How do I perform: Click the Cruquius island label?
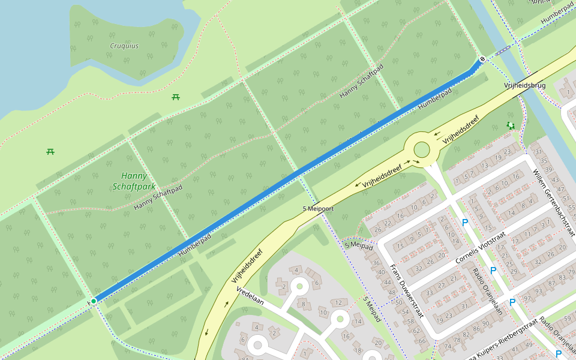pyautogui.click(x=124, y=46)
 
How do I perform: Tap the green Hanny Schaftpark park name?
pyautogui.click(x=134, y=181)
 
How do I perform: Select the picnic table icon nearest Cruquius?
pyautogui.click(x=176, y=97)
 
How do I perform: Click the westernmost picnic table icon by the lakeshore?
pyautogui.click(x=50, y=151)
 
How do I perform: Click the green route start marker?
pyautogui.click(x=94, y=301)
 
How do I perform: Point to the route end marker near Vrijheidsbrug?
pyautogui.click(x=482, y=59)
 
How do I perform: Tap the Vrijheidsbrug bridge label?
pyautogui.click(x=525, y=86)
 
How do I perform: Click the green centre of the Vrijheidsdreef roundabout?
pyautogui.click(x=422, y=149)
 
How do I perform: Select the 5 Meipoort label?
pyautogui.click(x=318, y=208)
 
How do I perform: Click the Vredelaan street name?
pyautogui.click(x=250, y=296)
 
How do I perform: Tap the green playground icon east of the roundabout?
pyautogui.click(x=511, y=125)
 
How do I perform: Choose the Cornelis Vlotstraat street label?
pyautogui.click(x=480, y=250)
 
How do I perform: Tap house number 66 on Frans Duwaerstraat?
pyautogui.click(x=421, y=340)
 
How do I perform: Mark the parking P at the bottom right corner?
pyautogui.click(x=559, y=354)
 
